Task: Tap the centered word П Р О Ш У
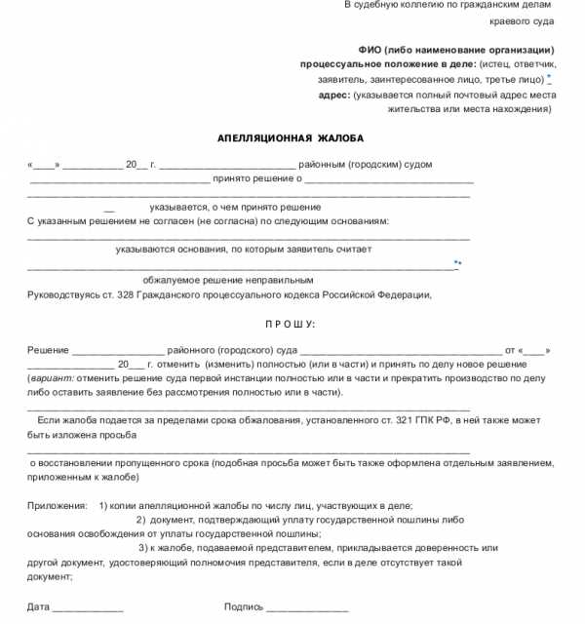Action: pos(291,324)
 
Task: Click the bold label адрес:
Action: pos(334,95)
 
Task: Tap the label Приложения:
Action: pos(58,505)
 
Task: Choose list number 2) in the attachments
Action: pos(140,520)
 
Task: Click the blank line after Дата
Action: pos(88,607)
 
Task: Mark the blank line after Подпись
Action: pos(307,607)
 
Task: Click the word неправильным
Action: pos(256,279)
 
